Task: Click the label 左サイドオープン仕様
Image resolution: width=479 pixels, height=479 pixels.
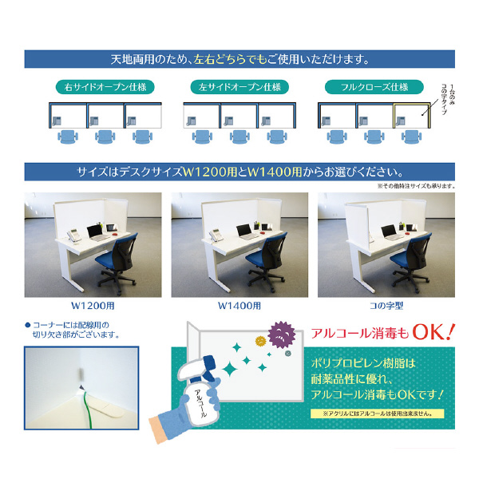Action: coord(239,87)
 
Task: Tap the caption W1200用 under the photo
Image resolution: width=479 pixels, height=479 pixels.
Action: coord(93,306)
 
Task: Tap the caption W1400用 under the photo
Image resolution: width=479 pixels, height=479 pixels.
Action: coord(239,306)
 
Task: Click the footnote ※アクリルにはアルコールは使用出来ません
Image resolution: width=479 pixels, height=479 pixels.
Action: coord(377,414)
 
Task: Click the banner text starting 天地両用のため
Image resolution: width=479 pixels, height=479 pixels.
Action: coord(239,60)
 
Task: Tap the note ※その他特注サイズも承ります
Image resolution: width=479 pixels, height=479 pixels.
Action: coord(415,186)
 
